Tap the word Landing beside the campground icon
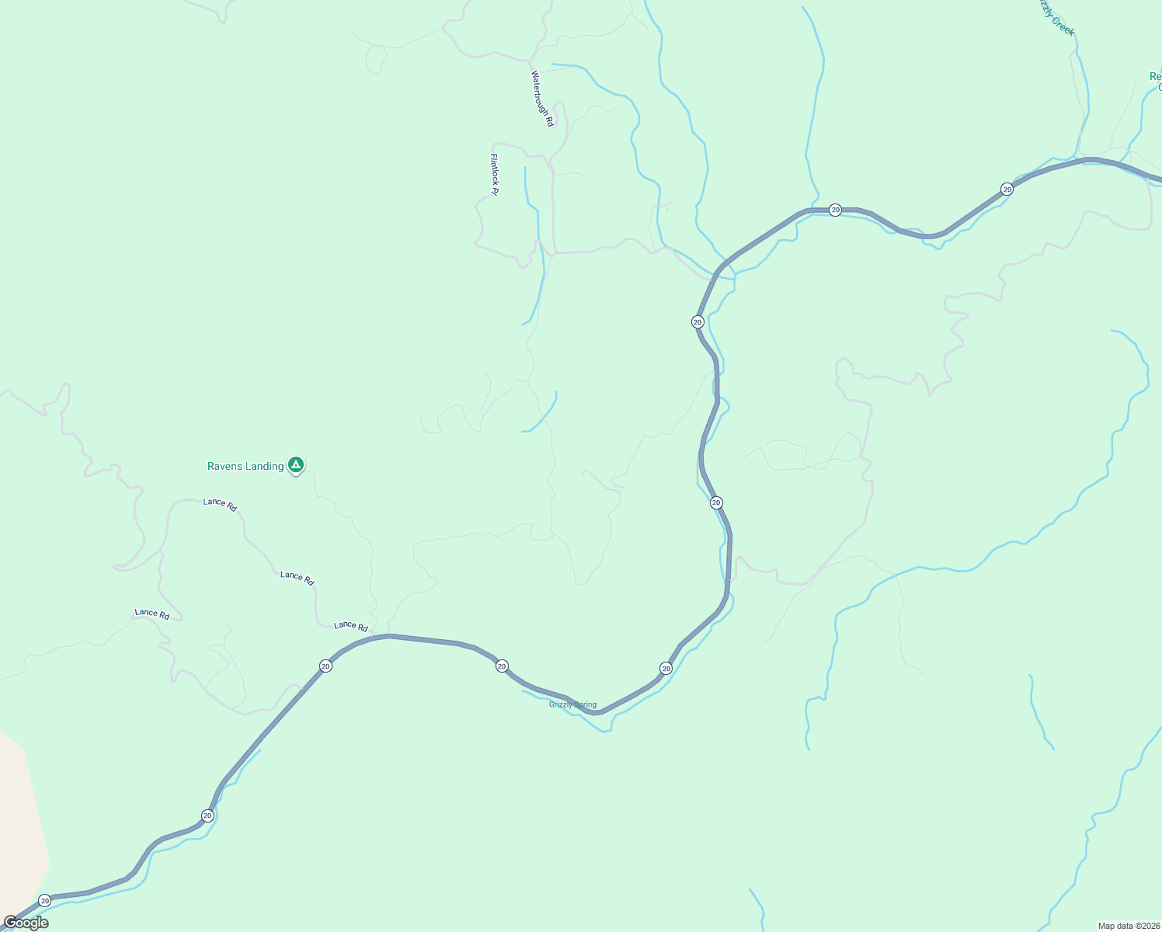[265, 466]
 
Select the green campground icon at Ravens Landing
[295, 465]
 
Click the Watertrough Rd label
[542, 99]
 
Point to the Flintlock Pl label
[494, 173]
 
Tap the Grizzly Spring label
[572, 705]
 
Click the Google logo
[26, 923]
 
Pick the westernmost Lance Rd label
[152, 614]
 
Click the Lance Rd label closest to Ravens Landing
[220, 503]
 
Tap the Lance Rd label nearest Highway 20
[350, 625]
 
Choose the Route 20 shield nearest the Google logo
[45, 900]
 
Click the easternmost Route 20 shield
[1007, 189]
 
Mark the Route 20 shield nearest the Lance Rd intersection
[325, 666]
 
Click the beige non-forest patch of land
[19, 815]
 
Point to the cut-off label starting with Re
[1155, 77]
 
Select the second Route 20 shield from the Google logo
[207, 815]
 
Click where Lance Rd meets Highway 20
[388, 635]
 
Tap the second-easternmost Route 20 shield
[835, 210]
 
